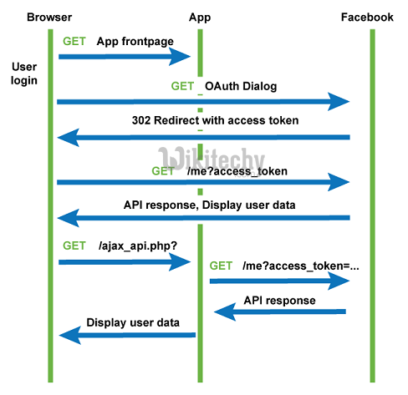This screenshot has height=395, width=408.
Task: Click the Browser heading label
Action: pyautogui.click(x=49, y=18)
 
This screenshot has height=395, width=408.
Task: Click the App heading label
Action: pyautogui.click(x=200, y=18)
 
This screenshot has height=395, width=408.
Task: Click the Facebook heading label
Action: pyautogui.click(x=367, y=18)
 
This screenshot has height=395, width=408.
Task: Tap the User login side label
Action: pyautogui.click(x=24, y=73)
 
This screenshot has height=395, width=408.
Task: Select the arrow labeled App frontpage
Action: pyautogui.click(x=125, y=57)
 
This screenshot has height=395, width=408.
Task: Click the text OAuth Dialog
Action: pyautogui.click(x=241, y=86)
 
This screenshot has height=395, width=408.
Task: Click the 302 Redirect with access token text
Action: pyautogui.click(x=215, y=120)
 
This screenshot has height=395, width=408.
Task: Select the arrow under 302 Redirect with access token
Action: pyautogui.click(x=203, y=137)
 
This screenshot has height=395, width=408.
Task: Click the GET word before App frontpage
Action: pyautogui.click(x=74, y=41)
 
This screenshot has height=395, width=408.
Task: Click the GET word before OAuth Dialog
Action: pyautogui.click(x=182, y=86)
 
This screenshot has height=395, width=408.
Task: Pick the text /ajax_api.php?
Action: pyautogui.click(x=138, y=246)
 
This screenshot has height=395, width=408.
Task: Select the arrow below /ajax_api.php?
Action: pyautogui.click(x=125, y=262)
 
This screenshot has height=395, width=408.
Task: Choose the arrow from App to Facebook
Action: pyautogui.click(x=279, y=281)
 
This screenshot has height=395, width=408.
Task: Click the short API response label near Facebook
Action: pyautogui.click(x=279, y=301)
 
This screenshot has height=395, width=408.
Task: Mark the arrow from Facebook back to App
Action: pyautogui.click(x=280, y=311)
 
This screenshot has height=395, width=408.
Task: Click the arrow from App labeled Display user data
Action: pyautogui.click(x=127, y=335)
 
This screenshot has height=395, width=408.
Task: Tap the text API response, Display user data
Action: pyautogui.click(x=210, y=205)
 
